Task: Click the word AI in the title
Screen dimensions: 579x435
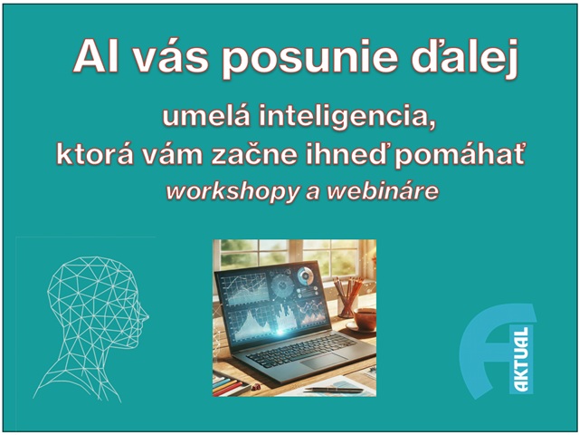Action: coord(97,56)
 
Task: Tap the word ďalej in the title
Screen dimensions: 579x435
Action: coord(465,58)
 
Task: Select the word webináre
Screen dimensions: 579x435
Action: coord(383,191)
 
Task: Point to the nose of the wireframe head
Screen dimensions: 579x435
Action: coord(146,316)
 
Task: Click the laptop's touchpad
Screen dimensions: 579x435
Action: coord(324,361)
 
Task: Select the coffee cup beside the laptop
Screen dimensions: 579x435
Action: coord(364,320)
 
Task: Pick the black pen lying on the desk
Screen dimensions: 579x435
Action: coord(332,390)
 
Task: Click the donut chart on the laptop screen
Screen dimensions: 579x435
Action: coord(306,275)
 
